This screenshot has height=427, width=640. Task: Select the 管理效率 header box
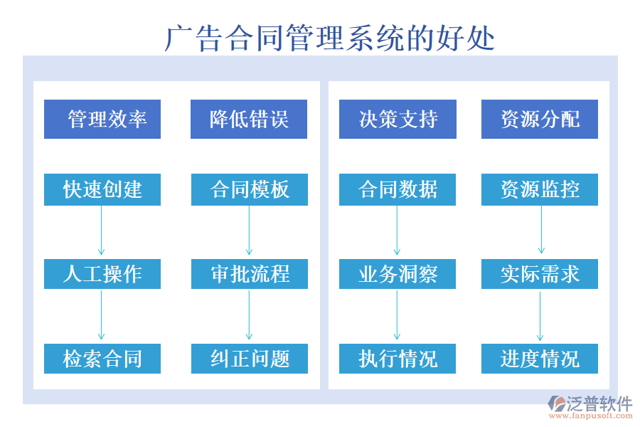point(102,119)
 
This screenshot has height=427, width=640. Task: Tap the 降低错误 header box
point(249,119)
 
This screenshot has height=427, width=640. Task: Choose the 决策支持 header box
point(398,119)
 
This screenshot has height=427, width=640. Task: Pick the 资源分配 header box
point(540,119)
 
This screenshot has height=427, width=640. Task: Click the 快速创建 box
point(102,189)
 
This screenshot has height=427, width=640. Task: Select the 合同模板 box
point(250,189)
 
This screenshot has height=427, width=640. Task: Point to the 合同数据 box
point(398,189)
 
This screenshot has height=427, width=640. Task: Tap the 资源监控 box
point(540,189)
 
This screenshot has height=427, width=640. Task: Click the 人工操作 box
point(102,274)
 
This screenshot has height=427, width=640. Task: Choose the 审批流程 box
point(250,274)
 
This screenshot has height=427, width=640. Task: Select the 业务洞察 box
point(398,274)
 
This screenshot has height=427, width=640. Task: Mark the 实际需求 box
point(540,274)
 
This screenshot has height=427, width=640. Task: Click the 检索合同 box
point(102,359)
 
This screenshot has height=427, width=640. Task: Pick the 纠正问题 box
point(250,359)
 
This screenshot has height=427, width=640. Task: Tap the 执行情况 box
point(398,359)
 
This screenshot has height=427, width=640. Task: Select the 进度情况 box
point(540,359)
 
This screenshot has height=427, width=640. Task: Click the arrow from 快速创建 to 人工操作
point(102,231)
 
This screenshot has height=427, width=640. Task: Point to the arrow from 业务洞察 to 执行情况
point(397,315)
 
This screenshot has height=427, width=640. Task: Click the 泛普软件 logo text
point(599,404)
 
